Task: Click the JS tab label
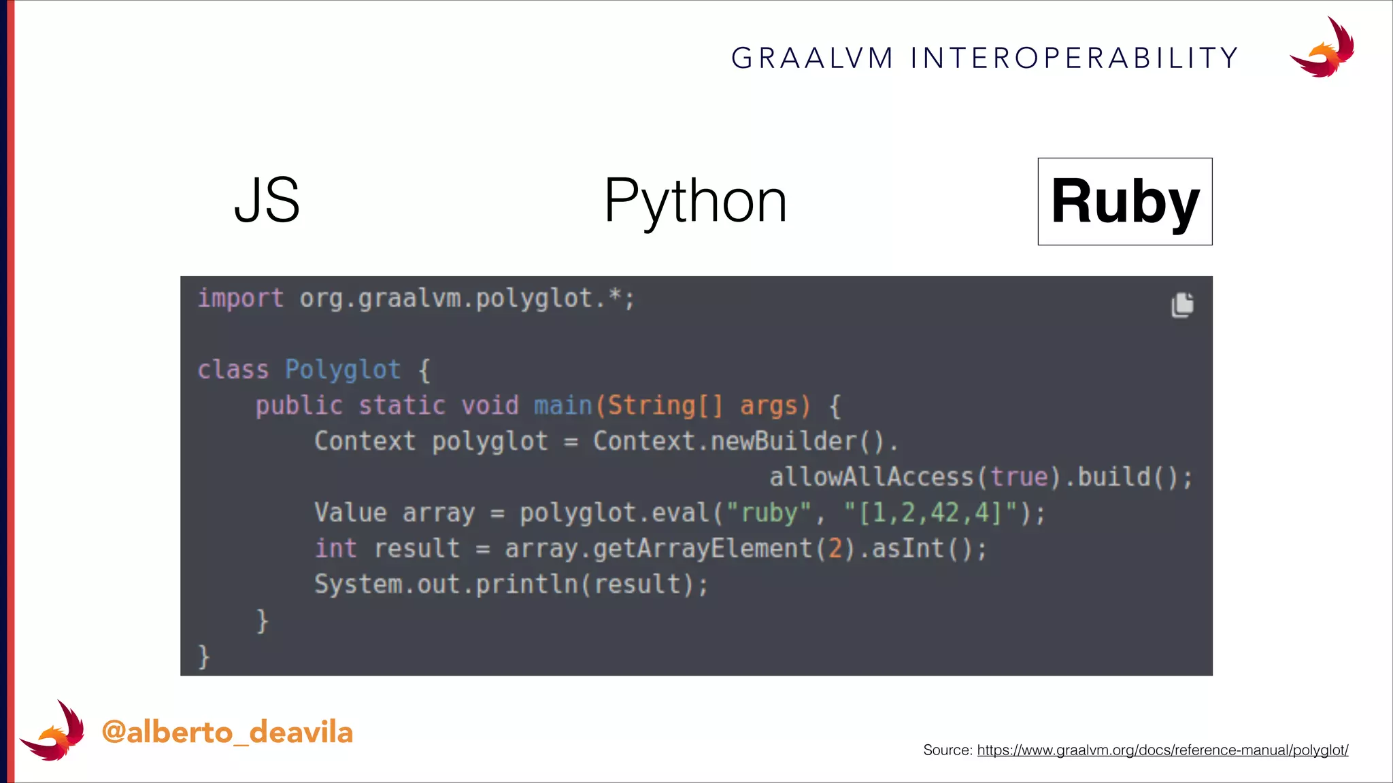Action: [267, 201]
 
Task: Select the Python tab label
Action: [695, 202]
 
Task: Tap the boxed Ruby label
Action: [1125, 202]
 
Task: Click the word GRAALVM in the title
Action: [812, 58]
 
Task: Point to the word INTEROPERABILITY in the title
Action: [1074, 58]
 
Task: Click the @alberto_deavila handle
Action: [227, 733]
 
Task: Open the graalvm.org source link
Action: [1162, 750]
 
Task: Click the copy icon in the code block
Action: [1182, 305]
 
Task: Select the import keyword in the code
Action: [240, 298]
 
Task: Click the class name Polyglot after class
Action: [342, 370]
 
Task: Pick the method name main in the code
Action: [563, 406]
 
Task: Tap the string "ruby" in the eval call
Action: [769, 513]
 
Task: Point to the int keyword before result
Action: [335, 549]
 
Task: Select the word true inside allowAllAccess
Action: [1018, 477]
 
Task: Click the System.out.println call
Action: [510, 585]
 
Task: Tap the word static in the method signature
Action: [401, 406]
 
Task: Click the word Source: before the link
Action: [947, 750]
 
